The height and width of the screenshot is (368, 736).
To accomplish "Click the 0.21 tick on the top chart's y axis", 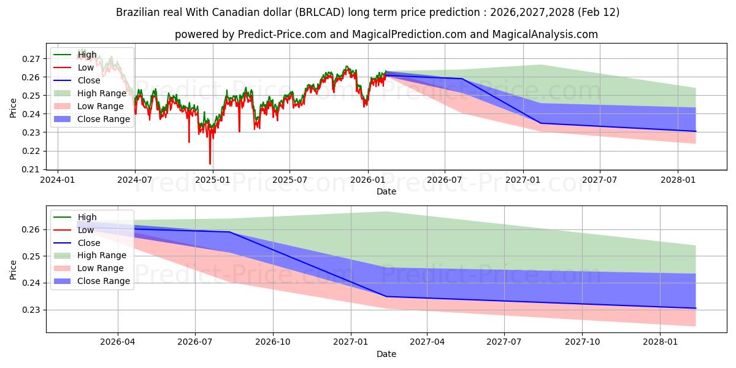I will point(31,169).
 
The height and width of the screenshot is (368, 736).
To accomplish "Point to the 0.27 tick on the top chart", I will point(31,59).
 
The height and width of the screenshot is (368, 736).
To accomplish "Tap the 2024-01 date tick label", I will point(58,180).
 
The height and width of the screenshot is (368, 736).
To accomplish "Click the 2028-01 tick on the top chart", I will point(678,180).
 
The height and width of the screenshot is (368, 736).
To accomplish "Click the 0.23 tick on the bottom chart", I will point(31,310).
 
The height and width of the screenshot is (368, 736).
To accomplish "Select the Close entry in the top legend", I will point(89,80).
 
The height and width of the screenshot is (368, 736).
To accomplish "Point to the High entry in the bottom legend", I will point(87,217).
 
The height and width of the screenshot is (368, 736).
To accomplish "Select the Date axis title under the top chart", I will point(386,191).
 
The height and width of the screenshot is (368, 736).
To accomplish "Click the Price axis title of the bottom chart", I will point(13,269).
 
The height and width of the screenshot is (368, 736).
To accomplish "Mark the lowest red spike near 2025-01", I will point(210,164).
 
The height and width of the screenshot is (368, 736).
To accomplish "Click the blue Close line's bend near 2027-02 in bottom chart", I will point(386,297).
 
